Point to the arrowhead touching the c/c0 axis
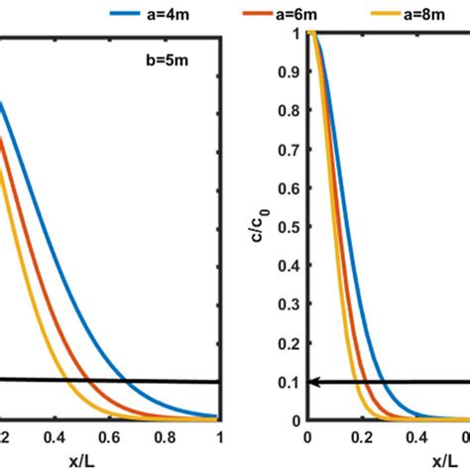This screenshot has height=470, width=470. pyautogui.click(x=314, y=381)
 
